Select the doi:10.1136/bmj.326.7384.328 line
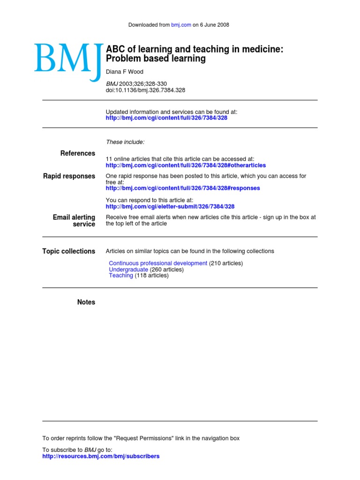click(146, 90)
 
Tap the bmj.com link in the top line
click(181, 25)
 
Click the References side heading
click(78, 153)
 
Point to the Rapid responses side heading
click(69, 176)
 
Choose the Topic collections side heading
click(68, 251)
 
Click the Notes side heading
click(86, 302)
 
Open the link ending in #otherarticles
click(186, 165)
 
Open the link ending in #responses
click(183, 188)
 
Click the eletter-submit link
click(170, 206)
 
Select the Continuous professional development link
click(158, 263)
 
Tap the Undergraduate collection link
click(128, 270)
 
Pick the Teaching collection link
click(121, 276)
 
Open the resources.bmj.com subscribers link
click(101, 456)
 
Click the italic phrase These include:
click(125, 142)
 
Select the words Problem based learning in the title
click(156, 59)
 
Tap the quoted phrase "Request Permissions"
click(143, 438)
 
